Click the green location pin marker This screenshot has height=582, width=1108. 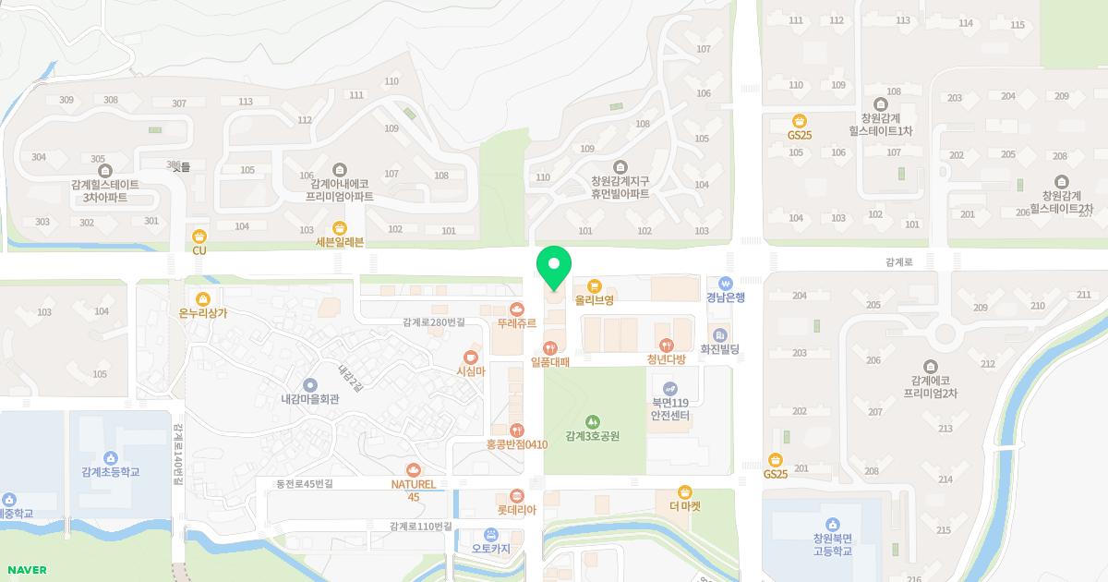(x=554, y=266)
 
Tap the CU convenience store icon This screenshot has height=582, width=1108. (x=199, y=235)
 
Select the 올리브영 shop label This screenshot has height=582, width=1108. (x=594, y=300)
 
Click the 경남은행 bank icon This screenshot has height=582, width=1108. (x=726, y=283)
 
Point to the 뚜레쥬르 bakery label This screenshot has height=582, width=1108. (x=516, y=323)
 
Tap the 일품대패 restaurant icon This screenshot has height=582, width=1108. (x=550, y=347)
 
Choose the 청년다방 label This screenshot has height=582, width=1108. (x=666, y=360)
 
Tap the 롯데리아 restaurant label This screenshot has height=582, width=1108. (x=516, y=510)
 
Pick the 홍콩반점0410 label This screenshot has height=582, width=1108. (x=517, y=444)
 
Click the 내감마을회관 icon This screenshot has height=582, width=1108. (x=310, y=384)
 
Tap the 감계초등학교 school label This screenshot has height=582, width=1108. (x=110, y=472)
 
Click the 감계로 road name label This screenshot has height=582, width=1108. (x=898, y=262)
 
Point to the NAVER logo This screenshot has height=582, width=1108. (x=26, y=570)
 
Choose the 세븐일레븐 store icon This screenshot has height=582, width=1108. (x=340, y=227)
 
